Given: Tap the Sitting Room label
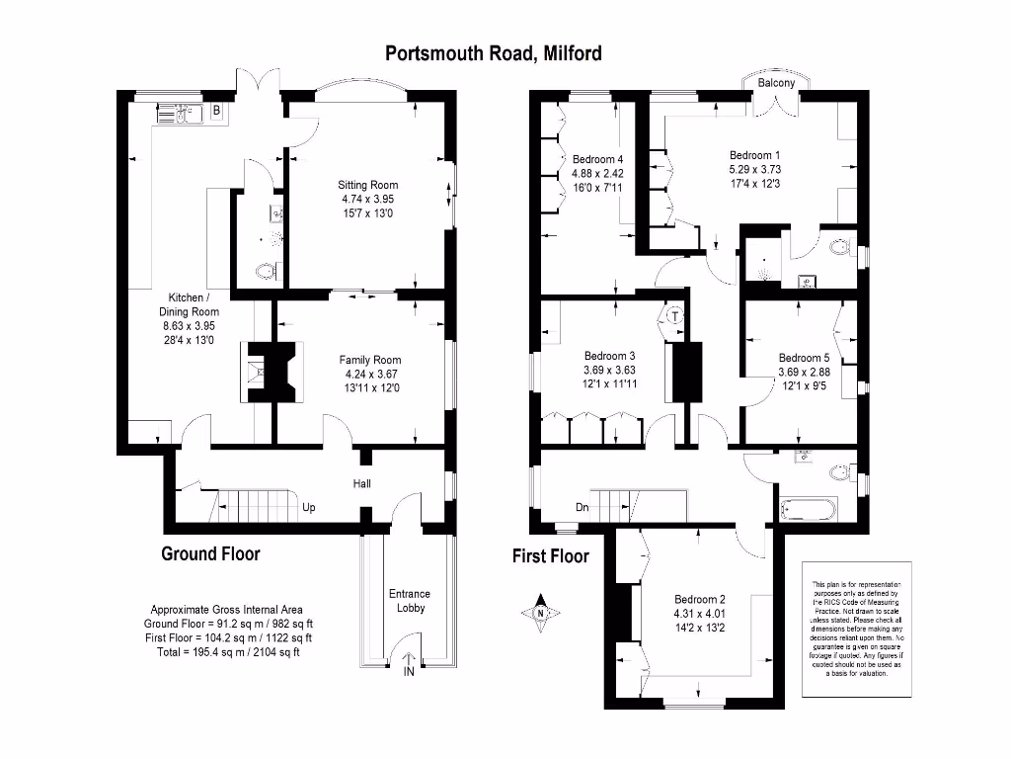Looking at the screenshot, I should pos(367,185).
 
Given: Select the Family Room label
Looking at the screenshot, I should pos(370,360).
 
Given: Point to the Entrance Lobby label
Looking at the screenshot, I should pos(410,601).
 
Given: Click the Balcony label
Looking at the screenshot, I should pos(776,84).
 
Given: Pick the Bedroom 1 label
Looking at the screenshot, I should pos(754,155).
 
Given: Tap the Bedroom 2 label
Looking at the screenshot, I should pos(700,599).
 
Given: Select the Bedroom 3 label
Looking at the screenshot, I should pos(609,356).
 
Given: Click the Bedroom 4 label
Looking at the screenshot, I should pos(598,159).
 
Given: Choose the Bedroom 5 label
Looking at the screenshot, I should pos(804,358).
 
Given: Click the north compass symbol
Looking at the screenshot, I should pos(541,612).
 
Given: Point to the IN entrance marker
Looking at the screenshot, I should pos(409,672).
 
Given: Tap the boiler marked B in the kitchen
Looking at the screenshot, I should pos(216,112).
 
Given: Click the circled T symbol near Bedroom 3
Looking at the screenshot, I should pos(674,317).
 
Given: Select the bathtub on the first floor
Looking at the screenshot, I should pos(808,510).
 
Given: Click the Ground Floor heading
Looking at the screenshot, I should pos(210,553).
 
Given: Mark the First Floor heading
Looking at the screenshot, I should pos(550,556).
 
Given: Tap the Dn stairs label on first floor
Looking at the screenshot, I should pos(583,509).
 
